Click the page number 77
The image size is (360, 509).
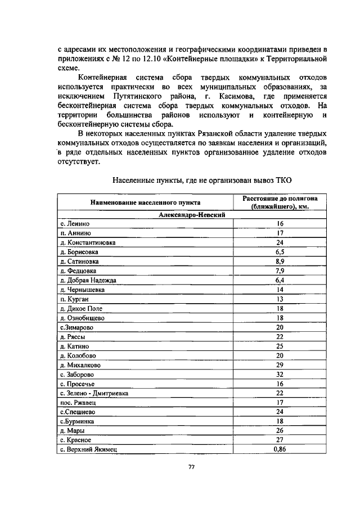coord(191,467)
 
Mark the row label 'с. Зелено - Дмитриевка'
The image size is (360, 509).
coord(94,393)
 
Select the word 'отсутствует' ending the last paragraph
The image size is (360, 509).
coord(78,162)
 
